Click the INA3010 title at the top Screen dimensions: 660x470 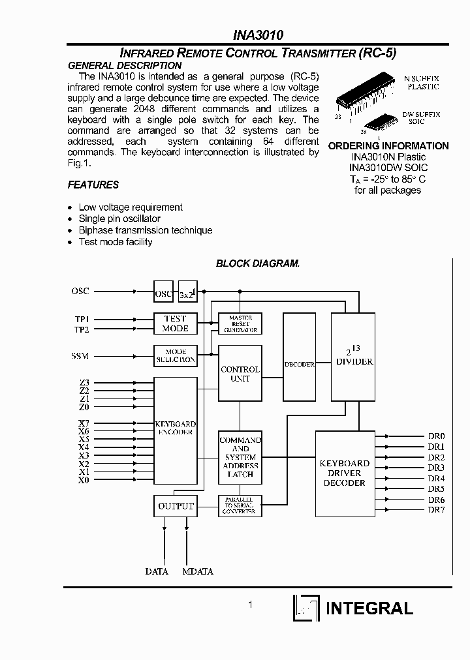pyautogui.click(x=258, y=35)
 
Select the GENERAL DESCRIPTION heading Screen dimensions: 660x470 pyautogui.click(x=125, y=65)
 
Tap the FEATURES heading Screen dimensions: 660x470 pyautogui.click(x=93, y=185)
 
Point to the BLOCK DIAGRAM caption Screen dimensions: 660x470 pyautogui.click(x=257, y=263)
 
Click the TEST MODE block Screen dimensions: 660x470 pyautogui.click(x=175, y=323)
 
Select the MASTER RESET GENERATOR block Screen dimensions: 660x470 pyautogui.click(x=240, y=323)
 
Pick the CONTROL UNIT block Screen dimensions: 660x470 pyautogui.click(x=240, y=374)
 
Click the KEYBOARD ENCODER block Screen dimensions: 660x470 pyautogui.click(x=176, y=430)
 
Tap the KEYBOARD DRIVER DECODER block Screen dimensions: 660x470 pyautogui.click(x=344, y=473)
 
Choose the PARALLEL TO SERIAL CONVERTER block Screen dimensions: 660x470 pyautogui.click(x=240, y=506)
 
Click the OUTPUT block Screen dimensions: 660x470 pyautogui.click(x=176, y=506)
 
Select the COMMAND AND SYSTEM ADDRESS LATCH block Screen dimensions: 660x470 pyautogui.click(x=240, y=457)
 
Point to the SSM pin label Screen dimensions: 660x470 pyautogui.click(x=80, y=356)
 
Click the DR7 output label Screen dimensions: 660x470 pyautogui.click(x=436, y=509)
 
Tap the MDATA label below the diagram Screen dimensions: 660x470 pyautogui.click(x=198, y=571)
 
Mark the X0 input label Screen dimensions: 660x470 pyautogui.click(x=84, y=480)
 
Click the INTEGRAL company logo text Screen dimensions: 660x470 pyautogui.click(x=369, y=608)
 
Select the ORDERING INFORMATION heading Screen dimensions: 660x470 pyautogui.click(x=388, y=145)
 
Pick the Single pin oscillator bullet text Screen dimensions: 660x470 pyautogui.click(x=119, y=218)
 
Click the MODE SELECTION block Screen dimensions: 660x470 pyautogui.click(x=175, y=355)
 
